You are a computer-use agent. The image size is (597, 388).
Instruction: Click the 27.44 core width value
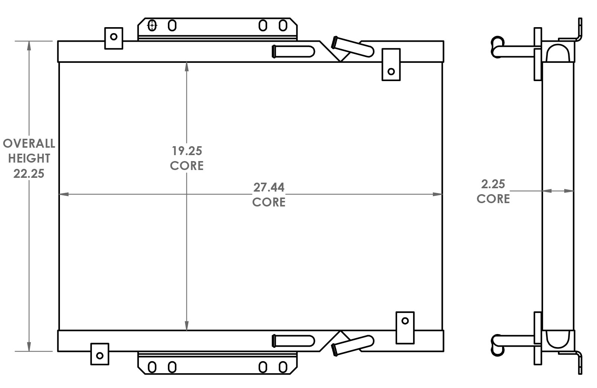pos(269,187)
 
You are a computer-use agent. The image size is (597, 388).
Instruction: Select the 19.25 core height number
pos(186,151)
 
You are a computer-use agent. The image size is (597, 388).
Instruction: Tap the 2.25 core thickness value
pos(493,184)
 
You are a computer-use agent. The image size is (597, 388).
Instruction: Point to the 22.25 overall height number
pos(29,173)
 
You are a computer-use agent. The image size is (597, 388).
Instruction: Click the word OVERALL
pos(29,143)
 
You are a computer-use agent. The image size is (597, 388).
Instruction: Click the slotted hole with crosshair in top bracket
pos(152,26)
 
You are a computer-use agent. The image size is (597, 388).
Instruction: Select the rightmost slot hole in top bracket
pos(283,26)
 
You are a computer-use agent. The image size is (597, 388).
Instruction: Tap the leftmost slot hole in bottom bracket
pos(152,367)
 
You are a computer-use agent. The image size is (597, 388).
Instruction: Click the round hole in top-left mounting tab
pos(114,36)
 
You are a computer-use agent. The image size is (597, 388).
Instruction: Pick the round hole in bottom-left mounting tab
pos(100,356)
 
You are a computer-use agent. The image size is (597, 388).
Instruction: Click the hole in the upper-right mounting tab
pos(391,71)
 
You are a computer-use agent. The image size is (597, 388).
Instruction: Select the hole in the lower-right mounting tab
pos(405,321)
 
